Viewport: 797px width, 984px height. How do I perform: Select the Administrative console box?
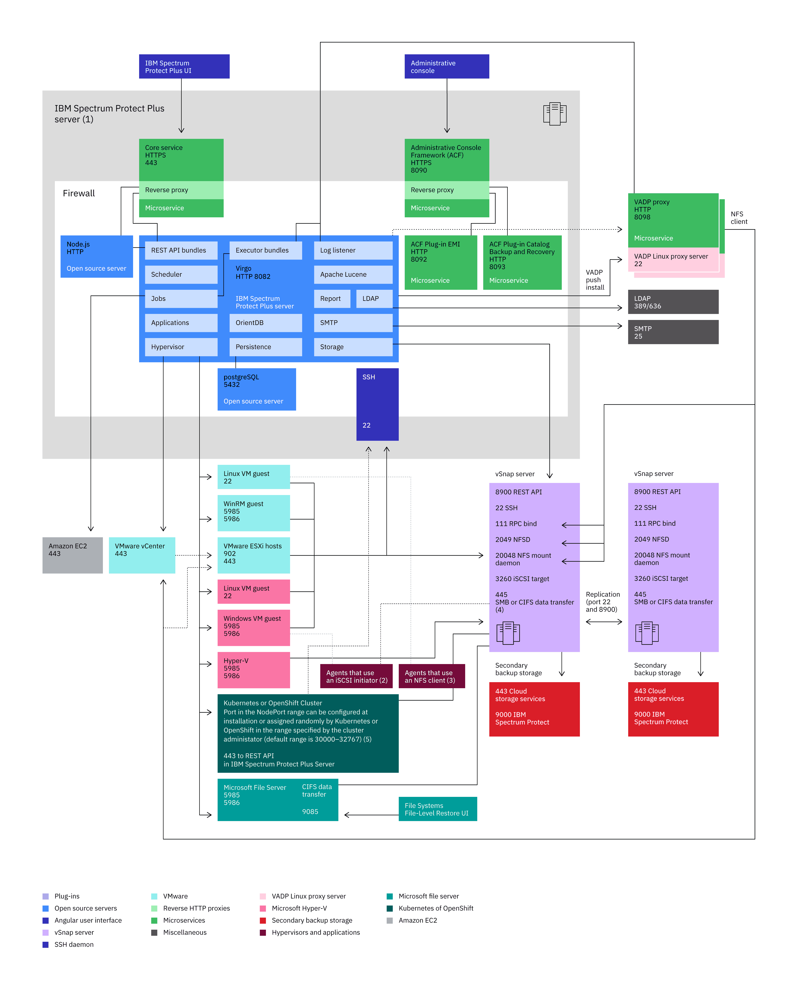click(x=446, y=67)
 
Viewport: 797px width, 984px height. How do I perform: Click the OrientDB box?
click(x=265, y=323)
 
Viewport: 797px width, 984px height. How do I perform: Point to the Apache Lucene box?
click(x=353, y=274)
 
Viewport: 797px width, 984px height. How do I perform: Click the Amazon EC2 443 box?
click(x=72, y=555)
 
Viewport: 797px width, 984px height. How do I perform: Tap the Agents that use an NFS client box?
click(x=431, y=676)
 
